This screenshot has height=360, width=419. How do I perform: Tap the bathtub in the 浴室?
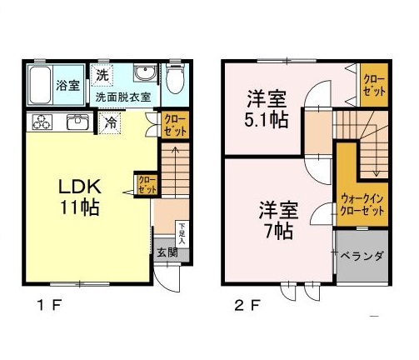pos(41,83)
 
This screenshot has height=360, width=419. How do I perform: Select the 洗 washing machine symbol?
pos(102,74)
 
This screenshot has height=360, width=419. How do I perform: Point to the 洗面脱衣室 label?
pos(122,97)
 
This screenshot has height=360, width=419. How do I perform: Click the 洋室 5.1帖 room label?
pos(267,108)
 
